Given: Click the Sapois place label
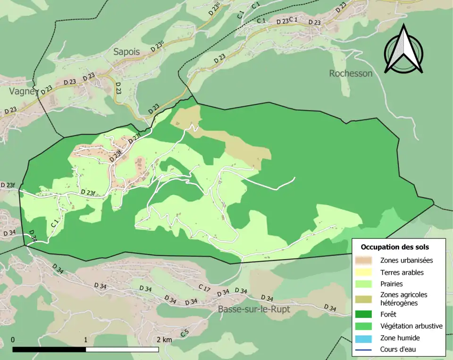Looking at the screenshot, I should [x=126, y=52].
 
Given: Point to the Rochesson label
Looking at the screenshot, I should [x=351, y=73].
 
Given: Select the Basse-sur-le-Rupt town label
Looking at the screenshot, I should [x=254, y=310].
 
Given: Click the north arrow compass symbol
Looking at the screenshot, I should [x=403, y=50].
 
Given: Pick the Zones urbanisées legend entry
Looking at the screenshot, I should [x=406, y=260].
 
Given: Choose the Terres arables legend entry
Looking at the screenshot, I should [x=402, y=272].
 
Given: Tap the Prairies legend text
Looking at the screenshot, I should [x=392, y=284].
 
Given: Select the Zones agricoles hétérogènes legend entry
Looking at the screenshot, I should [x=403, y=299].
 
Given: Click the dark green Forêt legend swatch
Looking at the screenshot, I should [x=365, y=313].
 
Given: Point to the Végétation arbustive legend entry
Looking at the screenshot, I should [x=411, y=326].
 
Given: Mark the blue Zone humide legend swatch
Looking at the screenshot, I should [x=365, y=338].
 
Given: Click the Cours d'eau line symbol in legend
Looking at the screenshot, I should [x=365, y=350].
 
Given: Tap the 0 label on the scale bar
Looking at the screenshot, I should [x=12, y=340].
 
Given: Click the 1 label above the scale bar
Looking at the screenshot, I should [x=86, y=340].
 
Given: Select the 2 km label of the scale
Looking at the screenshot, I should [x=164, y=340].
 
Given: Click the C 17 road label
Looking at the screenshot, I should [x=204, y=287].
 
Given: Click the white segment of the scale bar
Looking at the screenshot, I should [x=122, y=350].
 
